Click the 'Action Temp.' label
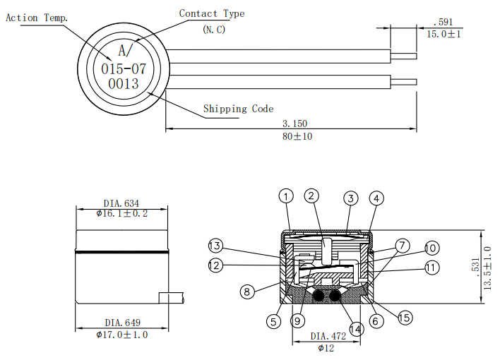click(37, 18)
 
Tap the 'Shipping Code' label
click(238, 109)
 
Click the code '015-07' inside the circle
click(124, 68)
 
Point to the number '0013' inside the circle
click(124, 83)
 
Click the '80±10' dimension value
click(297, 136)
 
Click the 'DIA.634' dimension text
click(121, 204)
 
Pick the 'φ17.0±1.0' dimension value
click(121, 335)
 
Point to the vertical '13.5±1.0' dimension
click(487, 269)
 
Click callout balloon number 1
click(285, 196)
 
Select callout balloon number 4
click(376, 198)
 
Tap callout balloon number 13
click(216, 246)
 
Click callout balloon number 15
click(405, 318)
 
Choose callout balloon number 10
click(431, 248)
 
